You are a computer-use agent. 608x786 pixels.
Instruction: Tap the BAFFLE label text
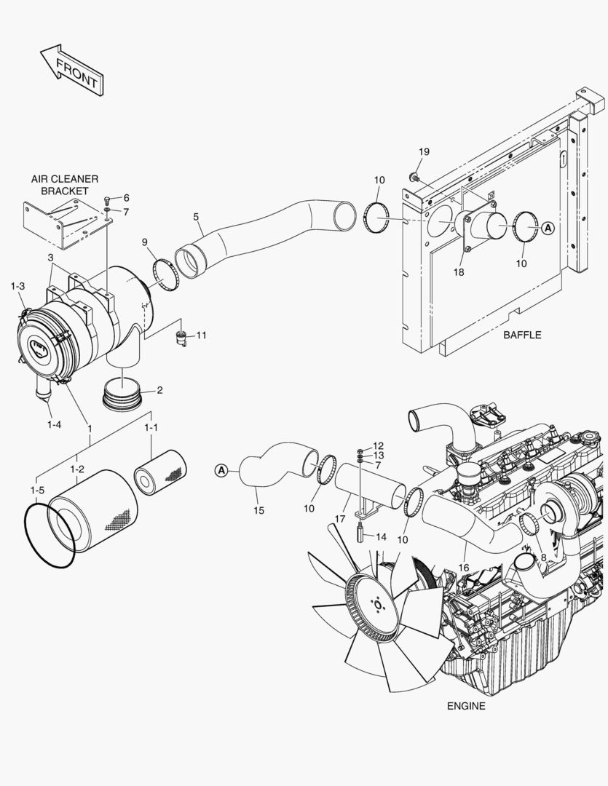[x=522, y=336]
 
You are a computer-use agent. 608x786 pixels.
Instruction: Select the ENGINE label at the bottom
[x=465, y=706]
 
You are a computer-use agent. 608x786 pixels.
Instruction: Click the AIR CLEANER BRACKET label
[x=64, y=185]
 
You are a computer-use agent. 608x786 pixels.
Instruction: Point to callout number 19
[x=424, y=151]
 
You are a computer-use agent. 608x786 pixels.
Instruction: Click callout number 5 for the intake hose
[x=196, y=216]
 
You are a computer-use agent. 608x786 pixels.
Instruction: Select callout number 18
[x=459, y=271]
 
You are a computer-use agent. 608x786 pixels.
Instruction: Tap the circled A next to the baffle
[x=548, y=228]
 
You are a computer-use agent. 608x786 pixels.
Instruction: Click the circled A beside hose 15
[x=221, y=470]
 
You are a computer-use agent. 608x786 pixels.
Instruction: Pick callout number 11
[x=202, y=336]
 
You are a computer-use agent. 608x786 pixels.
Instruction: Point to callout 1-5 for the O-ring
[x=37, y=491]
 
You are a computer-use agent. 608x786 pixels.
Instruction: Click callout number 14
[x=379, y=536]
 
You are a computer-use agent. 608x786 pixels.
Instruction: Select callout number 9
[x=145, y=242]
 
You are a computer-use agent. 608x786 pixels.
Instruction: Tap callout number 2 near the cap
[x=159, y=390]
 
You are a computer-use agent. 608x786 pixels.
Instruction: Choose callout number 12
[x=379, y=445]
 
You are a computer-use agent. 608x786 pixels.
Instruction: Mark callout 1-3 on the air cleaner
[x=17, y=287]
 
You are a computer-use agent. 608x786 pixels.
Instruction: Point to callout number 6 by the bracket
[x=125, y=198]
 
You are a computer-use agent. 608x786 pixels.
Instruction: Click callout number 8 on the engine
[x=543, y=557]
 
